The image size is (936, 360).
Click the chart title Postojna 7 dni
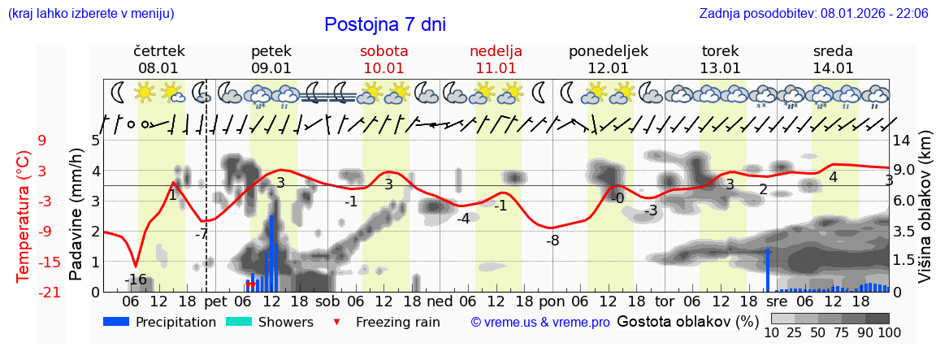pos(385,24)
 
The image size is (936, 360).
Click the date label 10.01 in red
pos(384,68)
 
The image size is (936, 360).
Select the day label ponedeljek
pos(609,51)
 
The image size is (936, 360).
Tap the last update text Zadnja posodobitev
pos(813,13)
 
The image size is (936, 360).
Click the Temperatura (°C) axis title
pos(24,215)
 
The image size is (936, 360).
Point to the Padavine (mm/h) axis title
pos(76,215)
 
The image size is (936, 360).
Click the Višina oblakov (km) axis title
pos(925,215)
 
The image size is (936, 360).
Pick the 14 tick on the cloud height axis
pos(902,140)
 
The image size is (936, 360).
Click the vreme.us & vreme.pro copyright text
pos(540,323)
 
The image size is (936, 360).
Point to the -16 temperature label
pos(136,280)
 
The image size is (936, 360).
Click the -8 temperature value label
pos(552,241)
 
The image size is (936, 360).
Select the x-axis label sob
pos(327,301)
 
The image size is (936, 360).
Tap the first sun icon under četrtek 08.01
pos(145,92)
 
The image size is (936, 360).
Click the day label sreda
pos(833,51)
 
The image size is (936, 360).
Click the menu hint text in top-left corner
pos(90,13)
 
